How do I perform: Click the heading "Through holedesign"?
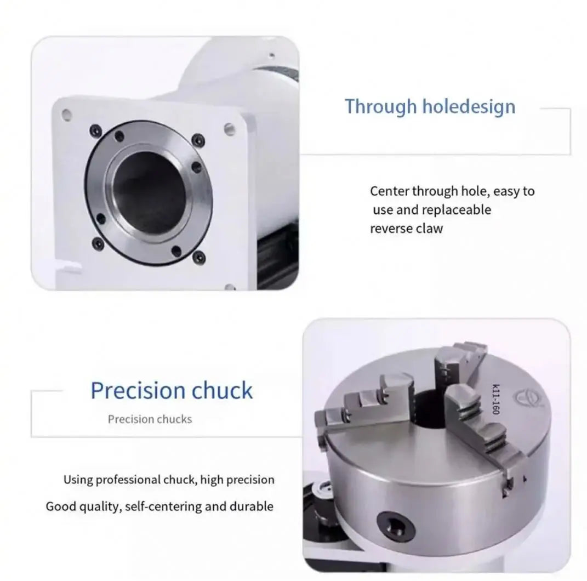coord(430,106)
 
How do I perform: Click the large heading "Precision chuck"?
coord(172,391)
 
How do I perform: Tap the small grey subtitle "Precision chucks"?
coord(150,419)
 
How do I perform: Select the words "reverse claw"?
coord(406,229)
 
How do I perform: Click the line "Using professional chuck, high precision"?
coord(169,480)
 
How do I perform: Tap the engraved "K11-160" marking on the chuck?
coord(495,398)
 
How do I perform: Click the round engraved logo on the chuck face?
coord(520,396)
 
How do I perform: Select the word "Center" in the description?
coord(389,191)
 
